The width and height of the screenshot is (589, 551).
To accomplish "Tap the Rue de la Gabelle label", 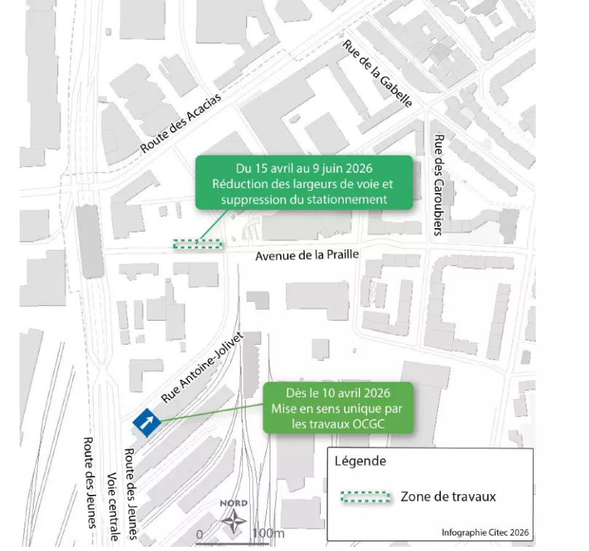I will [378, 74].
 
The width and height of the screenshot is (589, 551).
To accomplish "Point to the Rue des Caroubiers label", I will [438, 185].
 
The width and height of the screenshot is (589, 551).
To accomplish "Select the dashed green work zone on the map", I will [198, 244].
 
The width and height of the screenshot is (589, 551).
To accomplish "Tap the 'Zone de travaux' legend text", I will [448, 497].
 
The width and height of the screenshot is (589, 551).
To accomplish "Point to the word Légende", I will [360, 461].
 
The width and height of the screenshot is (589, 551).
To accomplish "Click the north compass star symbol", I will [233, 521].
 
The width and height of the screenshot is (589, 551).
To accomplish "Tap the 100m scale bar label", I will [268, 534].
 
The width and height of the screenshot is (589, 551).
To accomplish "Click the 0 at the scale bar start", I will [200, 534].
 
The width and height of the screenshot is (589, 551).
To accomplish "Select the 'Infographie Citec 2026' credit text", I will [485, 532].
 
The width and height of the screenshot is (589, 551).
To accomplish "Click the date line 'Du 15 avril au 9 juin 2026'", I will [303, 168].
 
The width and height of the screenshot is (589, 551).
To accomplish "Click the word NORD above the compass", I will [233, 504].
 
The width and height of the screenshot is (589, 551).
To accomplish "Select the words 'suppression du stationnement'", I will [303, 198].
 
